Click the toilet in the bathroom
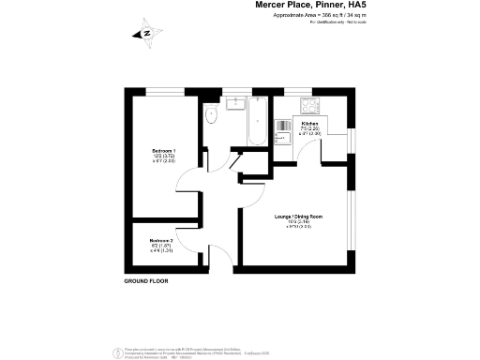coord(211,114)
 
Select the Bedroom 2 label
coord(162,245)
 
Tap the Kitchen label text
coord(309,123)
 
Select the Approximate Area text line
coord(317,16)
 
